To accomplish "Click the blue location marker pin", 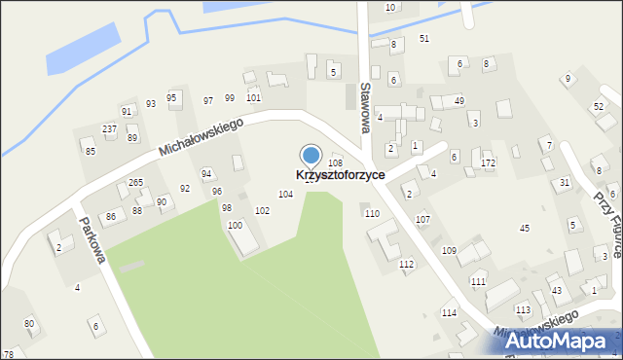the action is click(x=311, y=156).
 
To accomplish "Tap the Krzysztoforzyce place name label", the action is click(x=340, y=175).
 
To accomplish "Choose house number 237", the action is click(x=110, y=129).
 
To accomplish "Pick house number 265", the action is click(x=136, y=183).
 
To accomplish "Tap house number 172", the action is click(x=488, y=162).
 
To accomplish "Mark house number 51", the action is click(x=423, y=38).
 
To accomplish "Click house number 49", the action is click(x=459, y=101).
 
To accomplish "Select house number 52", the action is click(x=598, y=107).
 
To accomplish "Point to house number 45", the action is click(x=525, y=228).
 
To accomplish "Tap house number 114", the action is click(x=449, y=312).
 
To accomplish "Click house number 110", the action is click(x=371, y=213).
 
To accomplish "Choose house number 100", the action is click(x=235, y=226).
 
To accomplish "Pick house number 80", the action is click(x=29, y=323).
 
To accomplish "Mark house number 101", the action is click(x=253, y=97).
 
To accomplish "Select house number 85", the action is click(x=91, y=151).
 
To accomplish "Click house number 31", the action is click(x=565, y=183).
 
